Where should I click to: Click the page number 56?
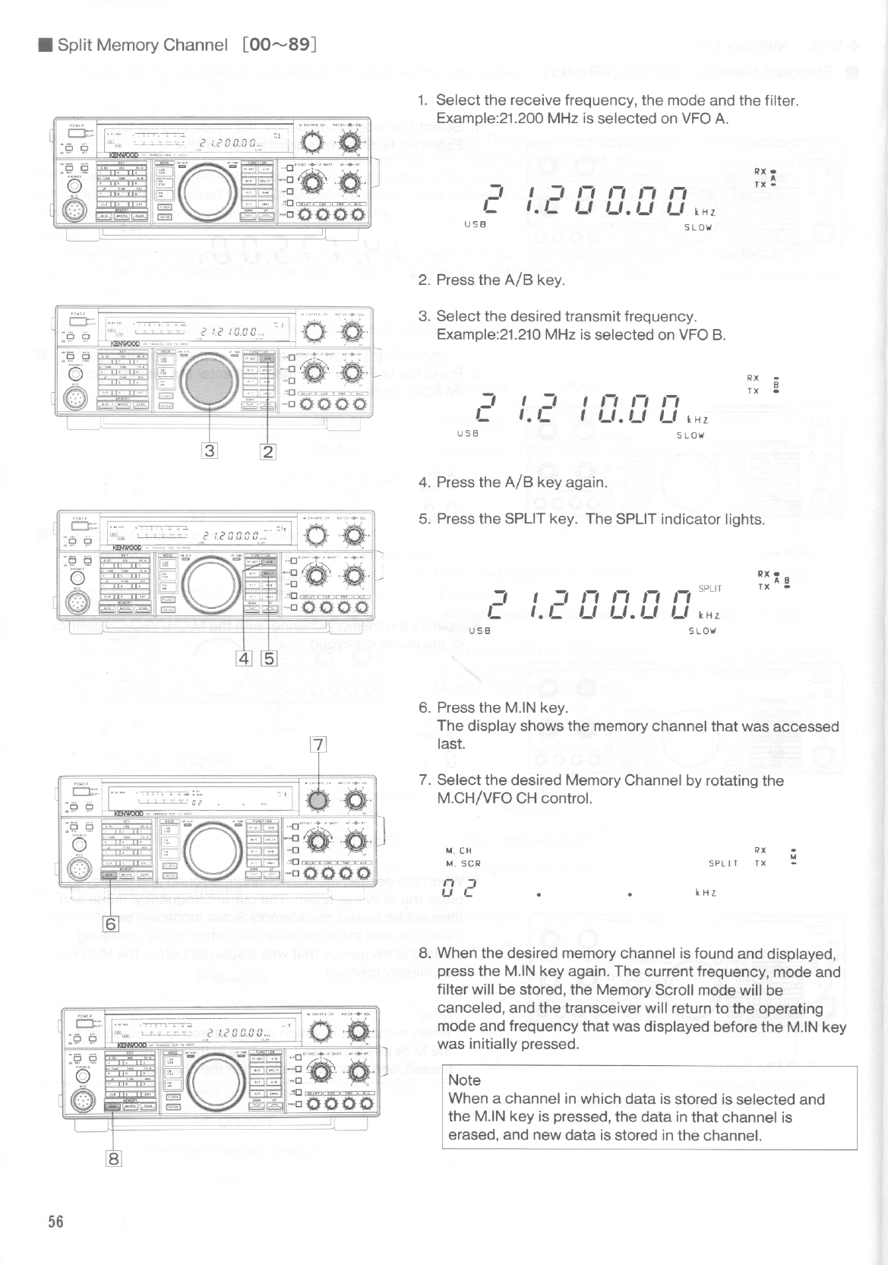pyautogui.click(x=55, y=1222)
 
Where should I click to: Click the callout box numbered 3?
pyautogui.click(x=209, y=451)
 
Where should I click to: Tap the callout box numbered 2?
pyautogui.click(x=267, y=451)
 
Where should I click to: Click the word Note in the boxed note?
pyautogui.click(x=464, y=1080)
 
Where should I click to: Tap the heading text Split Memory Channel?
pyautogui.click(x=142, y=45)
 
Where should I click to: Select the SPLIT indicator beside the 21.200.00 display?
pyautogui.click(x=709, y=588)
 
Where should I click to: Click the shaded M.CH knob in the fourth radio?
pyautogui.click(x=319, y=801)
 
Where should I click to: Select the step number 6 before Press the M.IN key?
pyautogui.click(x=424, y=707)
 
